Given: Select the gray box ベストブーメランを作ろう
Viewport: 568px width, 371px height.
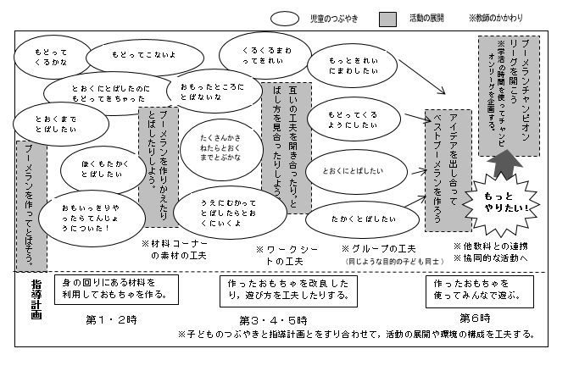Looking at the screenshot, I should (x=448, y=166).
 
